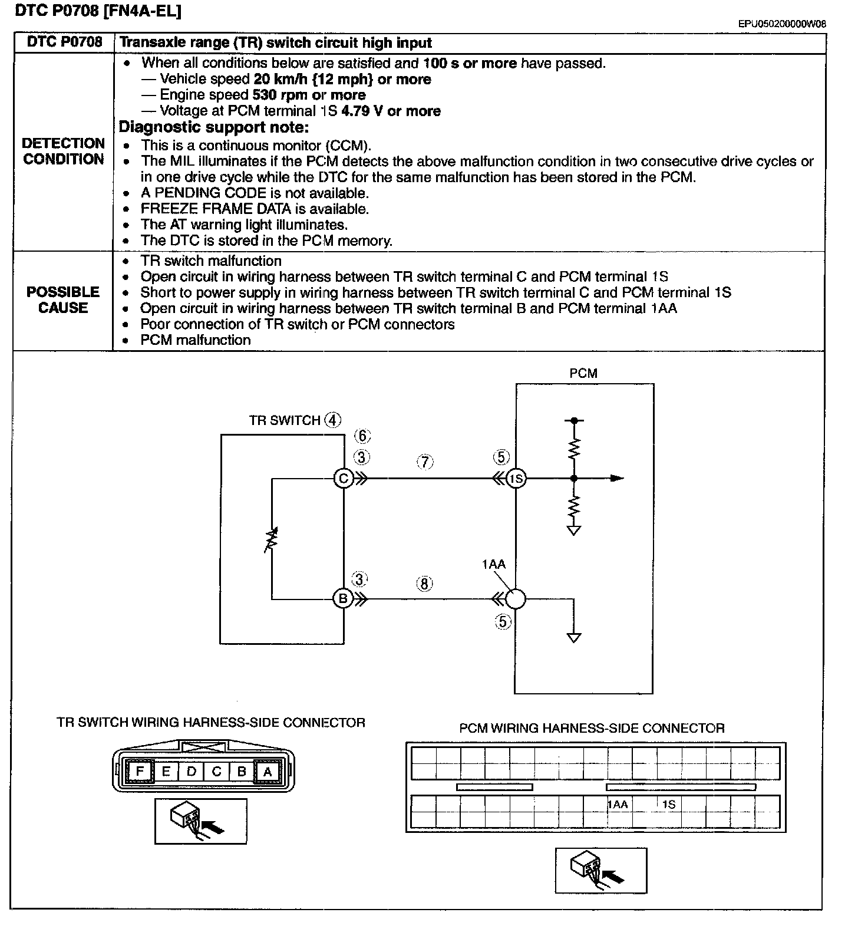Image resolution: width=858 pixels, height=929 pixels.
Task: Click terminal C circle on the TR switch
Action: pos(343,478)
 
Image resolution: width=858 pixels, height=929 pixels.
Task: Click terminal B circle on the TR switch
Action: pos(342,599)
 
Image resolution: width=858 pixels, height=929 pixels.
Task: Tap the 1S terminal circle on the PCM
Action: pos(516,479)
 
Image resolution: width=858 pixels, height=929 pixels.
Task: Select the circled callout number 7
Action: pos(424,462)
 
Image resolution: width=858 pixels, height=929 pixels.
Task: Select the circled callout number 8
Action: pos(424,584)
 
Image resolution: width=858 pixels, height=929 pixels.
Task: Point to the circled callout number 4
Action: pos(333,420)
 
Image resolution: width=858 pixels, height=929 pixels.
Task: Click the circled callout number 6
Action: pos(362,436)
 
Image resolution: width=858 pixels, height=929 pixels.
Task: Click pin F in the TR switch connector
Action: pos(140,771)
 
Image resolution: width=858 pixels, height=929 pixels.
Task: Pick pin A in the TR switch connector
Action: pos(267,771)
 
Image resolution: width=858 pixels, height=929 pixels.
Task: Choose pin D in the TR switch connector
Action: pos(191,771)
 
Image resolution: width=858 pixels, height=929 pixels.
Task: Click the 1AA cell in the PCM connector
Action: pos(618,804)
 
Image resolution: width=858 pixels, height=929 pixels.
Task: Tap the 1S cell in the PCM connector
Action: pos(668,804)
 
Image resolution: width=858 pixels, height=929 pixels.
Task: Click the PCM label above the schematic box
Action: pos(583,373)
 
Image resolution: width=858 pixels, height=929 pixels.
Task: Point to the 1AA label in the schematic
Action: pos(494,564)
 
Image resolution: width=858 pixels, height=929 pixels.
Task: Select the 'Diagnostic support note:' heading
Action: pos(214,127)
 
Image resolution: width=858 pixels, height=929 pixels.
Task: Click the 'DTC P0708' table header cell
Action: pos(65,42)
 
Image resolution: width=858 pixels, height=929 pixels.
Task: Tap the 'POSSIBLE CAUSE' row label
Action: pos(63,300)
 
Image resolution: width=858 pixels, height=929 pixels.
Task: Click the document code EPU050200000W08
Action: pos(781,24)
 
